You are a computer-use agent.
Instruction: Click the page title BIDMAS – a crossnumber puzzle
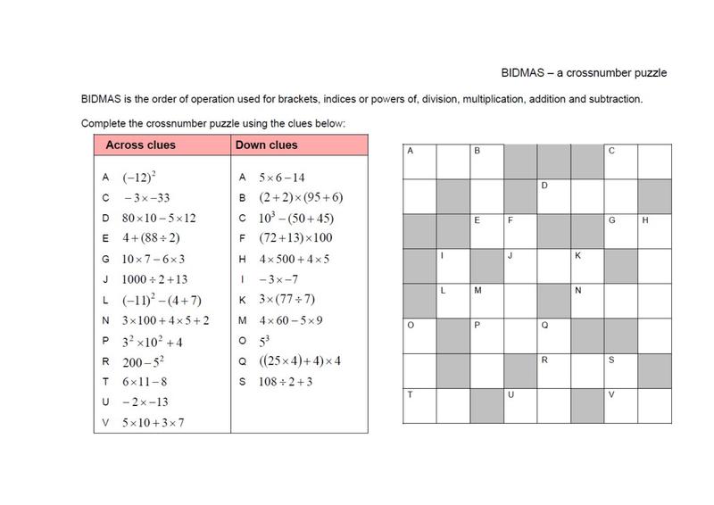[581, 72]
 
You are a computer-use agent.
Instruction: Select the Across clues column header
[141, 145]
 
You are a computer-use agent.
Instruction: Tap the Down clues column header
[266, 145]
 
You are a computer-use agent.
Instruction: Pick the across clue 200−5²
[144, 361]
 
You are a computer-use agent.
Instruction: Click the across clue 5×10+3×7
[154, 422]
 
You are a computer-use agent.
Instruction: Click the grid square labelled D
[554, 196]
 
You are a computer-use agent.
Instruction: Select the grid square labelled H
[655, 231]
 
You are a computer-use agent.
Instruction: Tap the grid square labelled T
[419, 405]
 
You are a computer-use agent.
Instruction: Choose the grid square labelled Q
[554, 335]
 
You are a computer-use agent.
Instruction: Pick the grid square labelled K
[587, 266]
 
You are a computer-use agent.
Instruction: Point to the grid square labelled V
[621, 405]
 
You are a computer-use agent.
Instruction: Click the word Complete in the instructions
[102, 122]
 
